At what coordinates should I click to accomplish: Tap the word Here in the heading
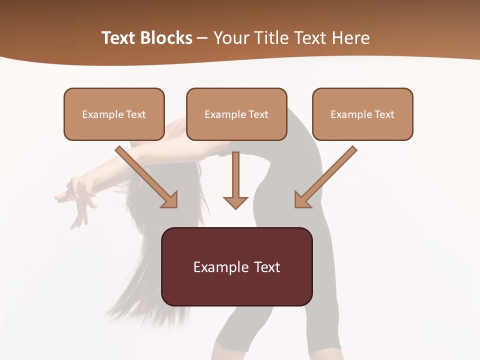pos(349,38)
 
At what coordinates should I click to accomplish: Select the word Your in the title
pos(230,38)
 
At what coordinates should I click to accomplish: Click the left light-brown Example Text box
pos(114,114)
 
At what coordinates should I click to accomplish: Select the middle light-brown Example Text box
pos(236,114)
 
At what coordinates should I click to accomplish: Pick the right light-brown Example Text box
pos(362,114)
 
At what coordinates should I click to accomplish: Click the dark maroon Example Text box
pos(236,267)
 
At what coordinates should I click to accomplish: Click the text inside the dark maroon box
pos(236,267)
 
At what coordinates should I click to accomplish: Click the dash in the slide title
pos(202,38)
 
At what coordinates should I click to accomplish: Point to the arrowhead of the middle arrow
pos(235,202)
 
